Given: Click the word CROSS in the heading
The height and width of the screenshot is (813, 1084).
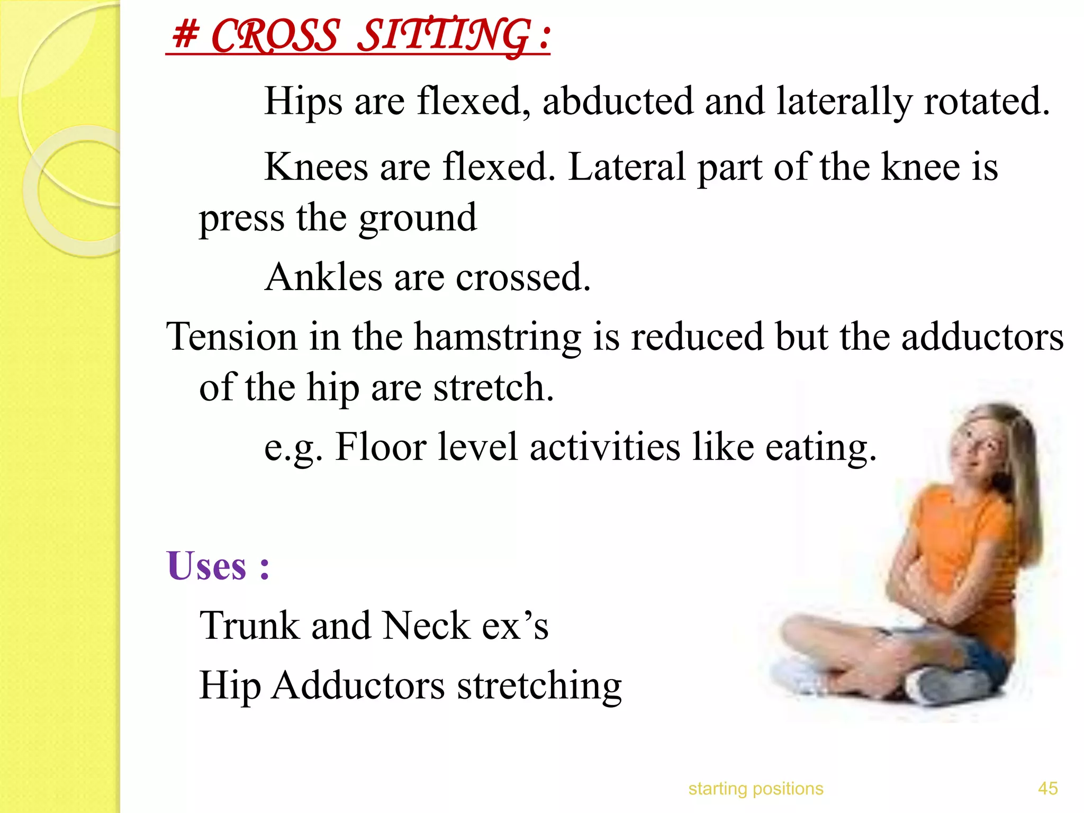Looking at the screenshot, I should point(274,36).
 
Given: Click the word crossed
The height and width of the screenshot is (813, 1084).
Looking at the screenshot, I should point(522,278).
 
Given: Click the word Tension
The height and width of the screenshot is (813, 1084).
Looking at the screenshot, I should point(232,337).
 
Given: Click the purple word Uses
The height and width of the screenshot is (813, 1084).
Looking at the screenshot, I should point(206,566).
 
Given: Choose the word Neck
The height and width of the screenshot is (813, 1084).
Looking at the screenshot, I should point(426,626).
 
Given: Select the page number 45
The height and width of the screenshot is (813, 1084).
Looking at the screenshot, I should point(1047,789).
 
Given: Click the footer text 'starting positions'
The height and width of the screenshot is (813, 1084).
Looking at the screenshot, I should point(755,789).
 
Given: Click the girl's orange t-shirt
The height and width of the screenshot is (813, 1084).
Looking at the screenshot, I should point(958,540).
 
